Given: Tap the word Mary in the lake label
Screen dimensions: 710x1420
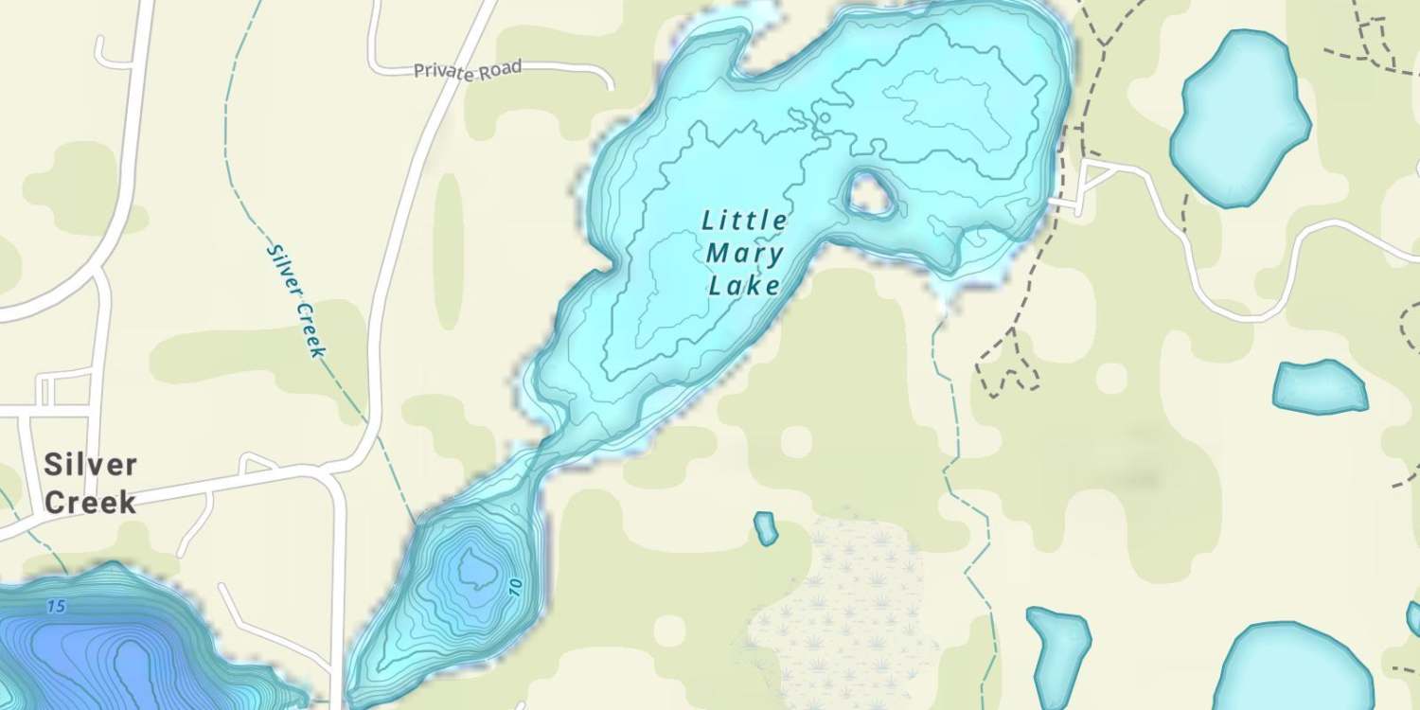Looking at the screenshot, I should [x=745, y=254].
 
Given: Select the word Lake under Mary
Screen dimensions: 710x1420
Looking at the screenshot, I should [x=745, y=285].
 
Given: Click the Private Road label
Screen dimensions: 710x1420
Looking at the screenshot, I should [x=468, y=71].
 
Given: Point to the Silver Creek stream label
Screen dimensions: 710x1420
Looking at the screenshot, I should [x=296, y=301].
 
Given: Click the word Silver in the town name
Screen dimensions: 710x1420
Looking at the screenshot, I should [x=91, y=466].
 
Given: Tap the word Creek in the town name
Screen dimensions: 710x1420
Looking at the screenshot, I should [x=91, y=503].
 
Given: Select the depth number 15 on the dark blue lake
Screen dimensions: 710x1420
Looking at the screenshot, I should [x=56, y=606].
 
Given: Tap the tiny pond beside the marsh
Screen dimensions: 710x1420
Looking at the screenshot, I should [x=765, y=528].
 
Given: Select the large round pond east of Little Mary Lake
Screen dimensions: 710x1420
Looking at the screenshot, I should [x=1238, y=118].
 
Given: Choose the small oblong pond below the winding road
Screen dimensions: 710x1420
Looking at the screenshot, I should [x=1320, y=387].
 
